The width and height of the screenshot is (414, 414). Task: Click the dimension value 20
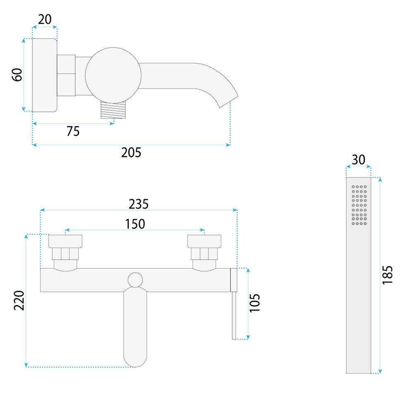(x=45, y=19)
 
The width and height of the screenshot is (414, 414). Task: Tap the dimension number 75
(x=72, y=131)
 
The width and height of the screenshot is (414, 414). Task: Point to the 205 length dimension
(x=131, y=153)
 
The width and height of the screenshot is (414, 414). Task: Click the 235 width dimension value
(x=138, y=204)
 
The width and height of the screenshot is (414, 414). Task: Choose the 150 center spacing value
(x=135, y=224)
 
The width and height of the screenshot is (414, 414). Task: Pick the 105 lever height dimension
(x=255, y=303)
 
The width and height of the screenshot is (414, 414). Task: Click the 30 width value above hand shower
(x=359, y=160)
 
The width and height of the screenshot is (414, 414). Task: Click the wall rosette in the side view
(x=44, y=75)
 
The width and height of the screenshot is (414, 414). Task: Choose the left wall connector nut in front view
(x=65, y=253)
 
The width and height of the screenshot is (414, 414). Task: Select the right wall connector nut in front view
(x=204, y=253)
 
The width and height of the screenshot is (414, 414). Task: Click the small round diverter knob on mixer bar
(x=135, y=281)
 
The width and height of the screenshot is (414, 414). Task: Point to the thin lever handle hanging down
(x=234, y=315)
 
